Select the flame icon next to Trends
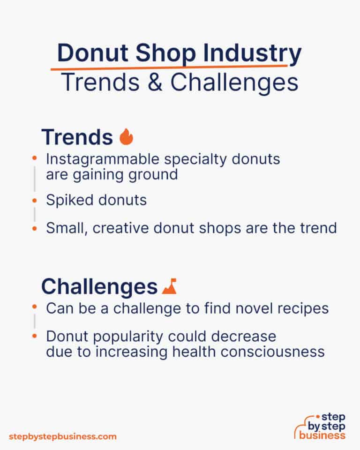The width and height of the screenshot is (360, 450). pos(127,137)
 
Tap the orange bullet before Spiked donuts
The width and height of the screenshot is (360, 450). pos(34,201)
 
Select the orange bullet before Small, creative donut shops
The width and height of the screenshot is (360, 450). pos(34,228)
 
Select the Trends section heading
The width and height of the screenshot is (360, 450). pos(77,137)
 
